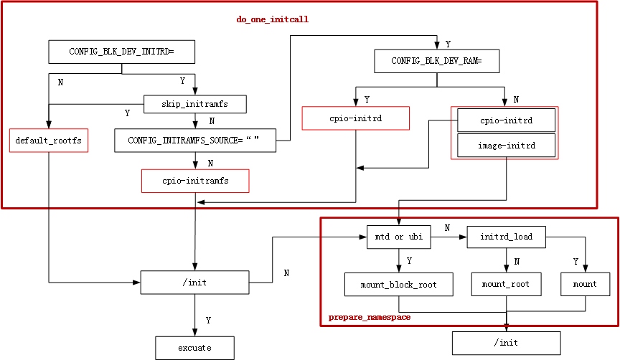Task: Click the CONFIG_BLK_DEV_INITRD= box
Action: pos(121,52)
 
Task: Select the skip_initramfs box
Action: pos(195,104)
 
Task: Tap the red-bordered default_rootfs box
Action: pos(49,141)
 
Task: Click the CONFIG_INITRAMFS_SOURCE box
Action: pos(195,141)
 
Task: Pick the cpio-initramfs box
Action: pos(195,181)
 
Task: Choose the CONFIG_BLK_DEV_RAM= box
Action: pos(436,62)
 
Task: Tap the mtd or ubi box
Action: pos(399,237)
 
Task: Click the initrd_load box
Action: pos(506,237)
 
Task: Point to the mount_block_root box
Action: pos(399,285)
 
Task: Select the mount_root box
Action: pos(506,285)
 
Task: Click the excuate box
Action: pos(194,348)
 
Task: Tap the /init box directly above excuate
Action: pos(194,283)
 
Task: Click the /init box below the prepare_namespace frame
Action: pos(506,343)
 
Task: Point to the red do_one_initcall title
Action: pos(273,19)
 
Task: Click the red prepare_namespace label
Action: pos(370,316)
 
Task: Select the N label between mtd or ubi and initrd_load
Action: pos(447,228)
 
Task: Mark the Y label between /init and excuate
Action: pos(208,320)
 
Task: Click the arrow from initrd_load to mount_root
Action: pos(506,260)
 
